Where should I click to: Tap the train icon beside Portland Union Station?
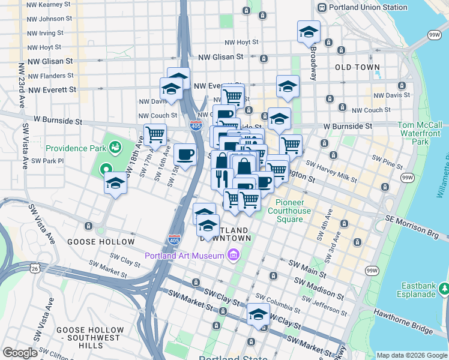(x=322, y=8)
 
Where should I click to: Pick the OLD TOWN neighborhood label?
(x=357, y=68)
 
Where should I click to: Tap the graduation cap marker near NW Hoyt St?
(x=309, y=32)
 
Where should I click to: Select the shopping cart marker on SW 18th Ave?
(x=155, y=135)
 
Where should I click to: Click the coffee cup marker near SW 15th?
(x=185, y=155)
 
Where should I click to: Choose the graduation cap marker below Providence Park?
(x=115, y=183)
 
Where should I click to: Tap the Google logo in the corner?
(x=20, y=353)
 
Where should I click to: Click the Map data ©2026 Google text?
(x=412, y=355)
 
